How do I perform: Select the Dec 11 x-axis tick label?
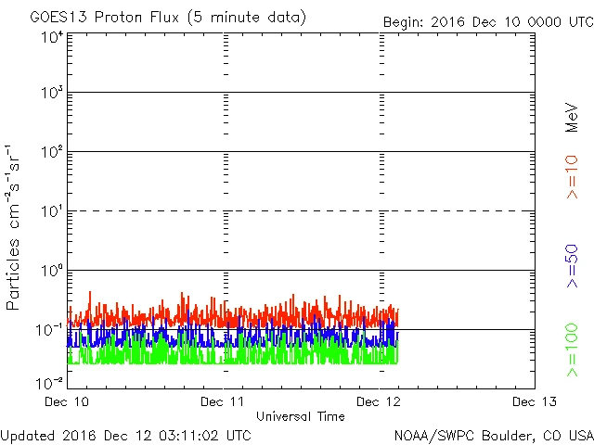pos(224,401)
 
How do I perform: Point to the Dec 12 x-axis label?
pos(380,401)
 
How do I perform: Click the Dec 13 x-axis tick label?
pos(534,401)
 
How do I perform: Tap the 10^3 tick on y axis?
pos(51,95)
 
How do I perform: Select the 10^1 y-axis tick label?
pos(51,213)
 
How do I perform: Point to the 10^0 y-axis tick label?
pos(51,273)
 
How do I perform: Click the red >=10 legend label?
pos(572,176)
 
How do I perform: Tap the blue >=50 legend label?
pos(572,268)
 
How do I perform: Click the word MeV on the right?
pos(572,118)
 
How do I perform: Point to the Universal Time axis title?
pos(300,416)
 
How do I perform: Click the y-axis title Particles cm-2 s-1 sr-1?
pos(16,226)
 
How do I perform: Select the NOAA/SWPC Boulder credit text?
pos(493,434)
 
